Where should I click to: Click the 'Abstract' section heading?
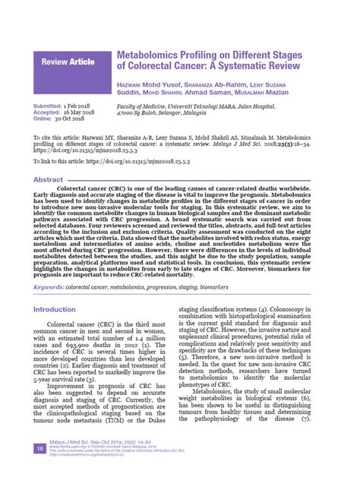click(48, 179)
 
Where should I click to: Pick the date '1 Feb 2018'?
click(81, 106)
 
